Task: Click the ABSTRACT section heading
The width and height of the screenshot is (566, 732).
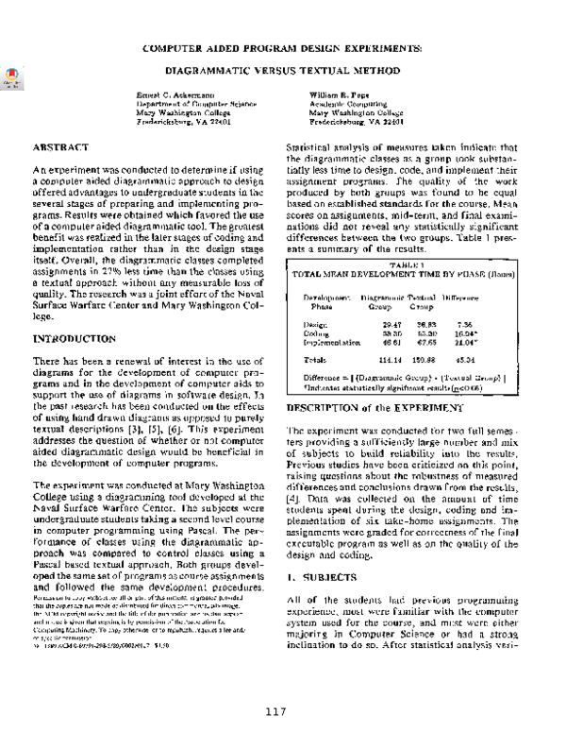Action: pos(63,149)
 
